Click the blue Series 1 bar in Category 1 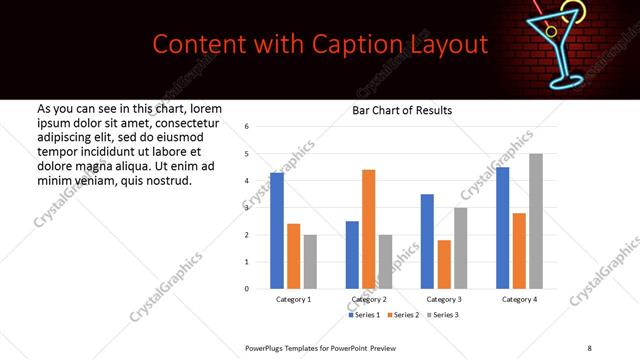(x=277, y=231)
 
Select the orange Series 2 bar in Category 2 (x=368, y=229)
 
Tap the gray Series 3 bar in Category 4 (x=536, y=221)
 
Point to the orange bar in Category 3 (x=444, y=264)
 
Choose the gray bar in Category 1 (x=310, y=262)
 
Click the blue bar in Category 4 (x=502, y=228)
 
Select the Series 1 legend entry (x=363, y=315)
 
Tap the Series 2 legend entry (x=404, y=315)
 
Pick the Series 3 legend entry (x=446, y=315)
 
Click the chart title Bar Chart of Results (x=402, y=110)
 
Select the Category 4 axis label (x=519, y=299)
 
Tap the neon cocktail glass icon (x=567, y=45)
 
